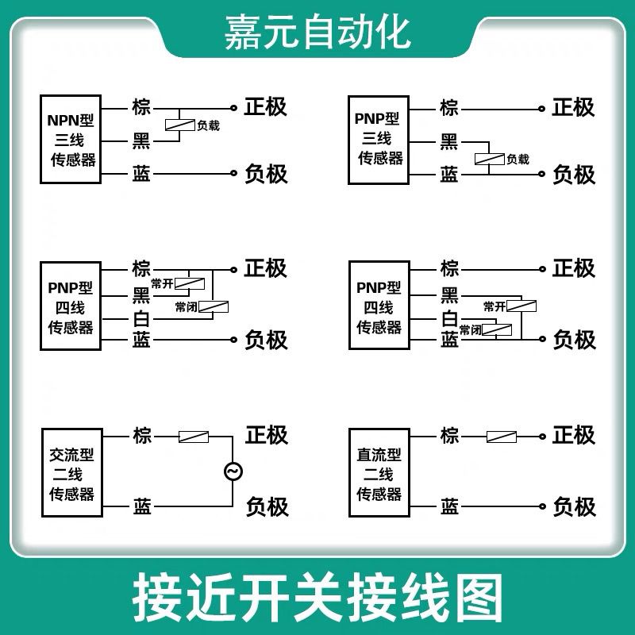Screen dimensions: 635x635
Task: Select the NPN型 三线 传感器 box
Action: [71, 140]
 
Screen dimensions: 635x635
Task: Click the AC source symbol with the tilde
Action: [233, 471]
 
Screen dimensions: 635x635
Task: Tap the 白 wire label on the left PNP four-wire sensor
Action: [141, 319]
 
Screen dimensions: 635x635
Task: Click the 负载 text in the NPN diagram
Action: [209, 125]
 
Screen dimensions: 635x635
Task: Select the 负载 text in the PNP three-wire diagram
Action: [518, 159]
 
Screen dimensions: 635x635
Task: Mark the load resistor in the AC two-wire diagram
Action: [194, 436]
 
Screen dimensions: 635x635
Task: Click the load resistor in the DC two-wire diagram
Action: [501, 436]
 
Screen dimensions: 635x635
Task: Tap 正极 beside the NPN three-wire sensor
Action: [266, 106]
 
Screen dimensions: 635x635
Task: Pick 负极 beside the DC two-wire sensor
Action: [574, 506]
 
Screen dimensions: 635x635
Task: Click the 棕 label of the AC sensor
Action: [142, 436]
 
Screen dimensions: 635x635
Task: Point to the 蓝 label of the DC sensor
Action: [449, 506]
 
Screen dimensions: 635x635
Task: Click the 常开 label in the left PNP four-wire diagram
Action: [162, 283]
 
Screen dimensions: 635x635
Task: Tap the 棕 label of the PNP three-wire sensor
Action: [449, 107]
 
